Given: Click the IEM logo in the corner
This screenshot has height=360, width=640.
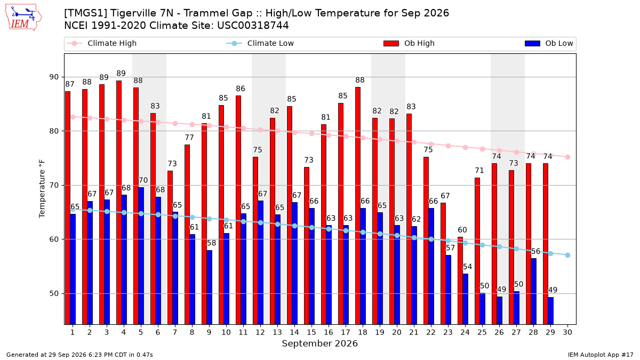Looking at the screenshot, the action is [23, 18].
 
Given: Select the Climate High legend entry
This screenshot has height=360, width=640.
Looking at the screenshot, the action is [101, 43].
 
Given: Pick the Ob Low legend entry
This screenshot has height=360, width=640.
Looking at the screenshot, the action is [549, 43].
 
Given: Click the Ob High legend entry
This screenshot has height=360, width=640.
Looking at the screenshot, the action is [409, 43].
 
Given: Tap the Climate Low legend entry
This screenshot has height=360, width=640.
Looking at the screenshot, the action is [260, 43].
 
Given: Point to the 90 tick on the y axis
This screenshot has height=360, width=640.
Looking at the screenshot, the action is [54, 77].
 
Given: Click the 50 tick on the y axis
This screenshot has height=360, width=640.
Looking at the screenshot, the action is [54, 293].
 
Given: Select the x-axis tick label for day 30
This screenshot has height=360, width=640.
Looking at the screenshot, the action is [567, 332].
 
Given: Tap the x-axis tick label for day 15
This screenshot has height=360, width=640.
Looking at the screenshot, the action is [311, 332].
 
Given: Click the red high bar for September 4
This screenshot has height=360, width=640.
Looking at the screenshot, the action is [119, 203].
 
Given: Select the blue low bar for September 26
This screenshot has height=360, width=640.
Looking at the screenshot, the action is [499, 310].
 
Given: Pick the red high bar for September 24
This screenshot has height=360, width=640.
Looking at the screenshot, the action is [460, 281].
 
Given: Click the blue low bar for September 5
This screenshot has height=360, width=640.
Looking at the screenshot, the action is [141, 256].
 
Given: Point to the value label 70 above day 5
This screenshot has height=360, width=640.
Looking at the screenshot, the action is [143, 180].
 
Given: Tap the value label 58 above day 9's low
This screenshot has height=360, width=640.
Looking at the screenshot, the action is [211, 243].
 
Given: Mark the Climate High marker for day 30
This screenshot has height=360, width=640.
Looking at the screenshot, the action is [567, 157].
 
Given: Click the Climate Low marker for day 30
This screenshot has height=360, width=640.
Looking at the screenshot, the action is [567, 255].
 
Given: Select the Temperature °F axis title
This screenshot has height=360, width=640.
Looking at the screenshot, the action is [42, 189].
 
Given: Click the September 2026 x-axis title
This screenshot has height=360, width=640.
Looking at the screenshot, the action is [319, 343].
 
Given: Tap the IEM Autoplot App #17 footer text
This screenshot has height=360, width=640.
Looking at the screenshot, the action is [601, 355].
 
